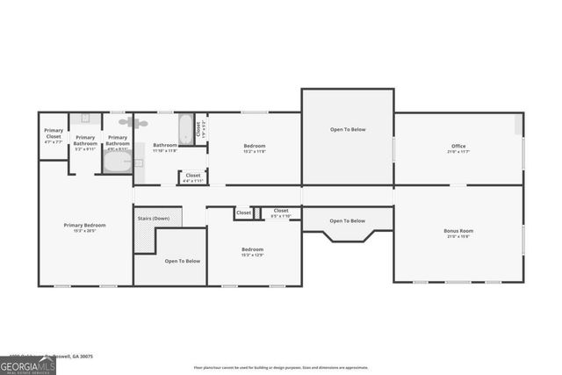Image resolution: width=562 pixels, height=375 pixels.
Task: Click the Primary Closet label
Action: (54, 133)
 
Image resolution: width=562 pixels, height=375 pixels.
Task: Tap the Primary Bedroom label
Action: (84, 225)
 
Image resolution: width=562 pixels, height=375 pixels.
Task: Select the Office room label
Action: (458, 146)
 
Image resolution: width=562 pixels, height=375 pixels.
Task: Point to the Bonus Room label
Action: (458, 231)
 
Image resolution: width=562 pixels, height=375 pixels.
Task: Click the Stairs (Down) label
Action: (154, 218)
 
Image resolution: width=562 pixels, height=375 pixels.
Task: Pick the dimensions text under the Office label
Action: (458, 152)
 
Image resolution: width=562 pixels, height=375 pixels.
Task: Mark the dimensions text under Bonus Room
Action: (458, 237)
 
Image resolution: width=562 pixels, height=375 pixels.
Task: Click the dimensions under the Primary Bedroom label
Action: (84, 231)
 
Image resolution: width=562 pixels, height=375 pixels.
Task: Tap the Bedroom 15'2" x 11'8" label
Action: (254, 146)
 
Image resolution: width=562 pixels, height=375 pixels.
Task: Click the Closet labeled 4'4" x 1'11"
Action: (193, 177)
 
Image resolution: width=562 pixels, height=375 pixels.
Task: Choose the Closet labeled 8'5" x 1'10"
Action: (281, 212)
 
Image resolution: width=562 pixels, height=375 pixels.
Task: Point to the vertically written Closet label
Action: (199, 128)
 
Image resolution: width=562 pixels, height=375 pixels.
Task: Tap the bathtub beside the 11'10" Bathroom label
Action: (186, 130)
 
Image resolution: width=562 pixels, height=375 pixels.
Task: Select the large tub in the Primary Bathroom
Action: (117, 162)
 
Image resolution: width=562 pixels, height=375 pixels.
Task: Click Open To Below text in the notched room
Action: (348, 220)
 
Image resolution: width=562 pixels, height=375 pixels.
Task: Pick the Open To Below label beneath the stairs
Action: (183, 261)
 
